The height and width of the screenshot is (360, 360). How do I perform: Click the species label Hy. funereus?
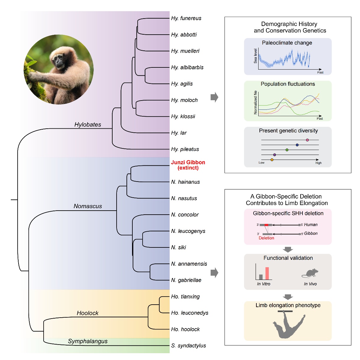[186, 18]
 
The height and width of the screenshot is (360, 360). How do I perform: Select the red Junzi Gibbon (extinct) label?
[188, 165]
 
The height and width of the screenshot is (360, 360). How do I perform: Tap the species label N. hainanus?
[186, 182]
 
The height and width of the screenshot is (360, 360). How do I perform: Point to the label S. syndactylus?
[189, 345]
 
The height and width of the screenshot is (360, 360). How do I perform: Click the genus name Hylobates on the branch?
[88, 125]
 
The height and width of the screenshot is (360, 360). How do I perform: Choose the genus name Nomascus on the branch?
[88, 206]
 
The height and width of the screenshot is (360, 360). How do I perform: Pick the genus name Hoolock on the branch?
[88, 313]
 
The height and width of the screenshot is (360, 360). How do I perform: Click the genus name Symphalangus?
[88, 341]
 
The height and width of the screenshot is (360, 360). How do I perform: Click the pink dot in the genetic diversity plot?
[307, 140]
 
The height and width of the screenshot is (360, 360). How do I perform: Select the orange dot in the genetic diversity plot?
[272, 160]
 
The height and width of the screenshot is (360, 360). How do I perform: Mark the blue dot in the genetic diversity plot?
[297, 145]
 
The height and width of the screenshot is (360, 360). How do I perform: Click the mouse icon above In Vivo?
[310, 273]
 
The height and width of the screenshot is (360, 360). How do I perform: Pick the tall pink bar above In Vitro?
[267, 273]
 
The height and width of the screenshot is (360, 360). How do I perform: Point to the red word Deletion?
[266, 238]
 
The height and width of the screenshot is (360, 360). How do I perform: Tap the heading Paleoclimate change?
[287, 43]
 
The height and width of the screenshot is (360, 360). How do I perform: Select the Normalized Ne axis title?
[255, 103]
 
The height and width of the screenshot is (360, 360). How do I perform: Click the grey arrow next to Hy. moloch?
[214, 97]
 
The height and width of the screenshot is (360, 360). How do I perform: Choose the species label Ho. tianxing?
[185, 297]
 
